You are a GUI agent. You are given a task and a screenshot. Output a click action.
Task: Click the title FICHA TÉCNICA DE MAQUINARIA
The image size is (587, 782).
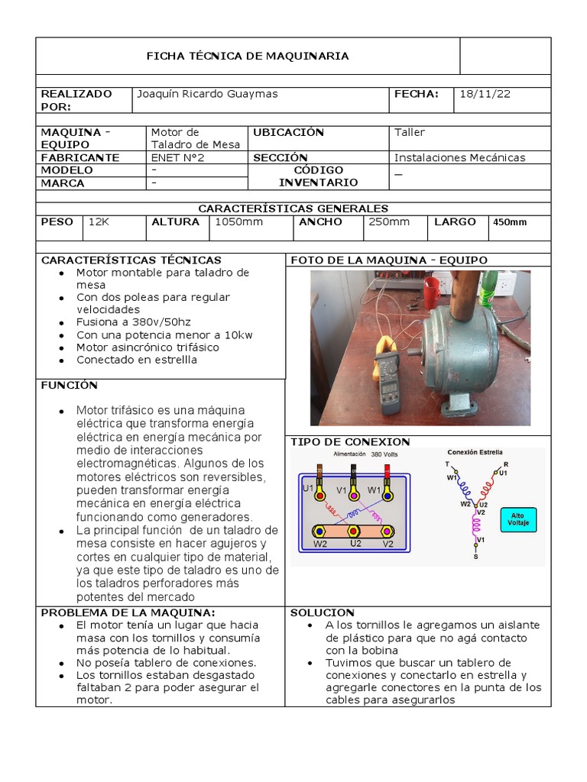pos(247,56)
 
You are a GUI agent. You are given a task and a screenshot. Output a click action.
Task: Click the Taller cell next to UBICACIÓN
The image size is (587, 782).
pos(409,132)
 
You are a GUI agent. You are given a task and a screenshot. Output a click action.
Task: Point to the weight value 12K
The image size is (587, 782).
pos(99,221)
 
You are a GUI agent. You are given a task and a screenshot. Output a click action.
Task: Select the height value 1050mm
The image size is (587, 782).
pos(238,221)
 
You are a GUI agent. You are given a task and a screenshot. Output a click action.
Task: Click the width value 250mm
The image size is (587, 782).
pos(389,221)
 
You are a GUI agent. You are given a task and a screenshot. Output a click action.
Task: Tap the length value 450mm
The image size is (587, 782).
pos(510,222)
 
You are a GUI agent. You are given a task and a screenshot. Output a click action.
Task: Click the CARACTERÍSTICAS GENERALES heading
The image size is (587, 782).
pos(293,208)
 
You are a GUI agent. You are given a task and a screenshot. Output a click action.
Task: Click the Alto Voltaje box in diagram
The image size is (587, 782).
pos(517,520)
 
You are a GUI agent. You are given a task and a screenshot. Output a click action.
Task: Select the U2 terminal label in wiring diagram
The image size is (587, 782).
pos(355,544)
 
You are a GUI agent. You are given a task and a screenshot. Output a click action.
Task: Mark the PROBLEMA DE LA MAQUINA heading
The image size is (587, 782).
pos(128,612)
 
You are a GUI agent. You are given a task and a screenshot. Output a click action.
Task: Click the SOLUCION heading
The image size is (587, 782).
pos(323,612)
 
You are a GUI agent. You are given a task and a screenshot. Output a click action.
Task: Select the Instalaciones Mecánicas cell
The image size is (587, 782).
pos(459,157)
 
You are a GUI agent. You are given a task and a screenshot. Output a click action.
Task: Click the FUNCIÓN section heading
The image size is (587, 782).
pos(69,386)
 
